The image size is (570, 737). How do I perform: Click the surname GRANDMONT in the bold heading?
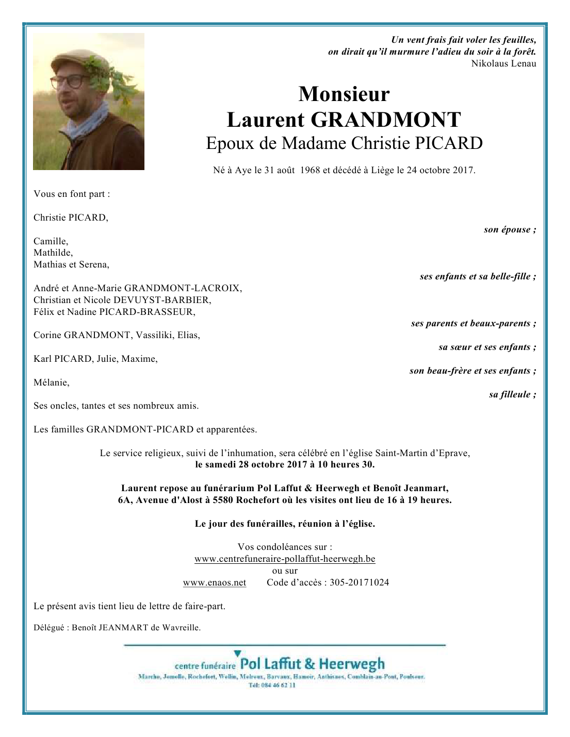point(385,120)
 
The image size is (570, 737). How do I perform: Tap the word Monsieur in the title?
point(344,94)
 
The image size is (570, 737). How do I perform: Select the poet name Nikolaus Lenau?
point(503,63)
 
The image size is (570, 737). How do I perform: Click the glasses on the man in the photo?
point(69,81)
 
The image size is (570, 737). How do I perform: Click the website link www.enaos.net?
point(215,582)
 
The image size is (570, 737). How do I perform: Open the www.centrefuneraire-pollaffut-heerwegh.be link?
point(285,559)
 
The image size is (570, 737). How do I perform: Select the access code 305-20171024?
point(359,582)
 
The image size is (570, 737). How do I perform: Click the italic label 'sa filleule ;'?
point(512,394)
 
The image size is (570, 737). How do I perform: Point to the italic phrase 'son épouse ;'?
point(510,229)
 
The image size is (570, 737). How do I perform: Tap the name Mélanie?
point(51,382)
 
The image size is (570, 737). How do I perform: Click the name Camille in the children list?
point(51,241)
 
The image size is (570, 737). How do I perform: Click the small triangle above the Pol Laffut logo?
point(237,653)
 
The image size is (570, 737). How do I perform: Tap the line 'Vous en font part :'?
point(72,194)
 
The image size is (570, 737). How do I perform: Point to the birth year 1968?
point(310,170)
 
